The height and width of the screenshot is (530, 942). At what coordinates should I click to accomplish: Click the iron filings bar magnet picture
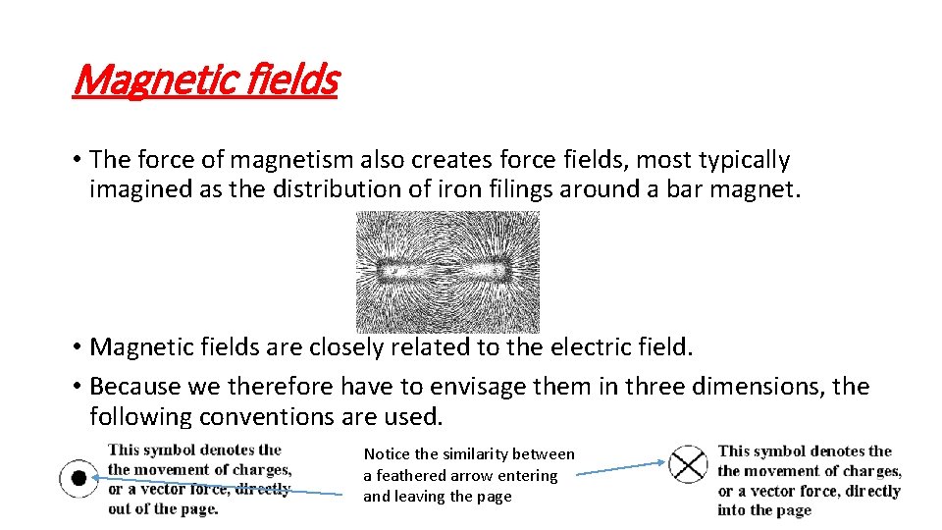447,271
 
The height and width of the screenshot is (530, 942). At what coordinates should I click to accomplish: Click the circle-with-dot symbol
78,478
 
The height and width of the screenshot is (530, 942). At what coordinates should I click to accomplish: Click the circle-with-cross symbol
688,464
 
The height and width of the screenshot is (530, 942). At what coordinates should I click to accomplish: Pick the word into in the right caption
733,509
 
